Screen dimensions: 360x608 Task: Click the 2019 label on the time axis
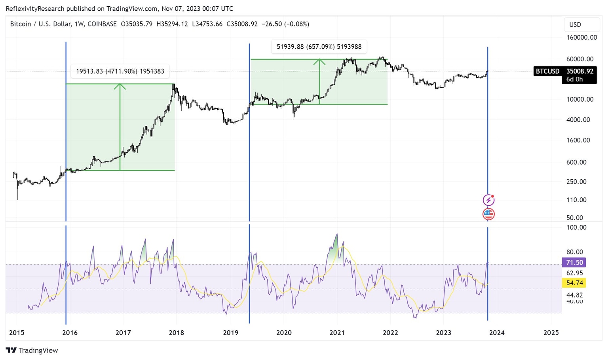click(x=230, y=333)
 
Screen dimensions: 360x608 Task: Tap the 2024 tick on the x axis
click(x=496, y=333)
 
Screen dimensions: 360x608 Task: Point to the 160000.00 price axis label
click(x=581, y=38)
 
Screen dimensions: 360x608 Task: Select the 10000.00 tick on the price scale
click(x=580, y=99)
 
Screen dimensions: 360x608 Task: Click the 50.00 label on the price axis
click(x=574, y=218)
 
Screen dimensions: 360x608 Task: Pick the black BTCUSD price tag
click(x=547, y=71)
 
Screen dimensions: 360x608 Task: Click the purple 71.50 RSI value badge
click(x=574, y=262)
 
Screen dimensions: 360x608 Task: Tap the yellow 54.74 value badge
click(x=574, y=283)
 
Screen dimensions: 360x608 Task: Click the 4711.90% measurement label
click(x=120, y=71)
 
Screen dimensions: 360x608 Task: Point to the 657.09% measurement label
click(x=319, y=47)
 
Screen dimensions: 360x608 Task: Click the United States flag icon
click(x=488, y=214)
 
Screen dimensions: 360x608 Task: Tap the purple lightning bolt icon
click(x=488, y=200)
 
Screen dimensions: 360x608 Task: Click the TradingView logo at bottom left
click(x=32, y=350)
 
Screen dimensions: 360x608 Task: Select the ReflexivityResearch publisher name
click(x=35, y=8)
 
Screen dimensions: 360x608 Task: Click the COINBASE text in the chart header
click(x=102, y=24)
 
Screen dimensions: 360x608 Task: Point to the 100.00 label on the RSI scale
click(x=576, y=227)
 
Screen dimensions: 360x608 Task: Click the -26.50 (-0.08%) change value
click(x=285, y=24)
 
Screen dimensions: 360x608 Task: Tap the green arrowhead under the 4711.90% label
click(x=120, y=86)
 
